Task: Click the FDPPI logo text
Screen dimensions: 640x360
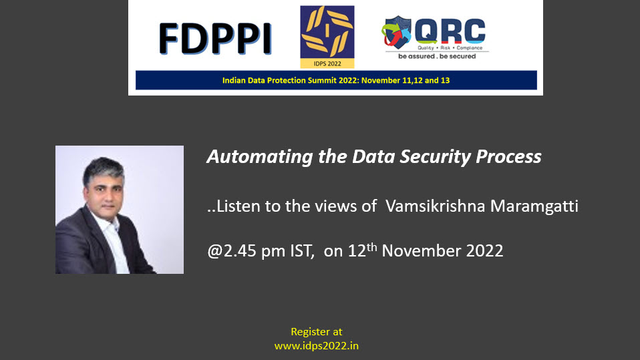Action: point(215,39)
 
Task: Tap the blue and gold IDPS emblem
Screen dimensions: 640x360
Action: point(327,33)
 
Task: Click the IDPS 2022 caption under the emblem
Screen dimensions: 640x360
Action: point(327,63)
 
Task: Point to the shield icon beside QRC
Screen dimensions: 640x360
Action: point(396,32)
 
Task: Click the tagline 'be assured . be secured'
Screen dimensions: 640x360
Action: point(437,56)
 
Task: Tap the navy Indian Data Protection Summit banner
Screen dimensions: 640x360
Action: point(336,80)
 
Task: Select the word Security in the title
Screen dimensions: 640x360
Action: point(435,157)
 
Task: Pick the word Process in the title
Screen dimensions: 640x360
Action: point(508,156)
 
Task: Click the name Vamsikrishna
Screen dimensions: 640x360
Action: point(435,206)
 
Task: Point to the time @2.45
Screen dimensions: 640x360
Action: point(232,250)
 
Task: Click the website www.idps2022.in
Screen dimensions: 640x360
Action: point(317,346)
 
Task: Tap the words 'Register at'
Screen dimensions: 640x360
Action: point(317,331)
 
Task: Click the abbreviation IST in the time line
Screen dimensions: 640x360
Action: point(302,250)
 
